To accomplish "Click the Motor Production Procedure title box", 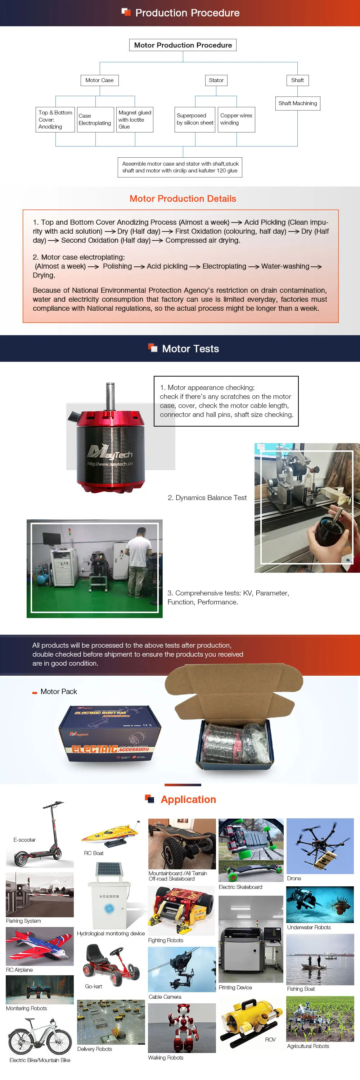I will pyautogui.click(x=183, y=45).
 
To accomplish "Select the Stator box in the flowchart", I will pyautogui.click(x=216, y=80).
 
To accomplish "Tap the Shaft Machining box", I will pyautogui.click(x=298, y=103).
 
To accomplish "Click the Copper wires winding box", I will pyautogui.click(x=237, y=120).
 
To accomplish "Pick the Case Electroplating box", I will pyautogui.click(x=95, y=120).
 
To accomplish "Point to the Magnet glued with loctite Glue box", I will pyautogui.click(x=135, y=120).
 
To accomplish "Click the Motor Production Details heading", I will pyautogui.click(x=183, y=198).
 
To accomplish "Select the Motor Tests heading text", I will pyautogui.click(x=190, y=348).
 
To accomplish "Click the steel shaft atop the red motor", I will pyautogui.click(x=110, y=396).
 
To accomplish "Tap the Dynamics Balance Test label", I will pyautogui.click(x=207, y=498).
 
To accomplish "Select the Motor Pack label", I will pyautogui.click(x=59, y=691).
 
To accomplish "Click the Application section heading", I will pyautogui.click(x=188, y=799).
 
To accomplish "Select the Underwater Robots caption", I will pyautogui.click(x=309, y=927).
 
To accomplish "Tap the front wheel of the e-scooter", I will pyautogui.click(x=21, y=859).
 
